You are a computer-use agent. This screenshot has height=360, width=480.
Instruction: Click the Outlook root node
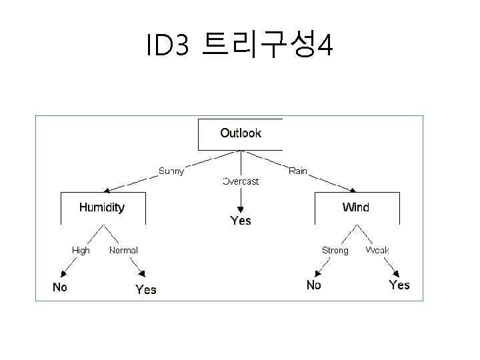241,133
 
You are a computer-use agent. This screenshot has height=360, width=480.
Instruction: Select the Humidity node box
102,207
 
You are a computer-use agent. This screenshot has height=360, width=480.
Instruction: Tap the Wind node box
356,207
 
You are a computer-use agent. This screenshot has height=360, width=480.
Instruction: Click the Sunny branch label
171,171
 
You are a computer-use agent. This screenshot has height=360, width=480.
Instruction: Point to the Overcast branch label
241,181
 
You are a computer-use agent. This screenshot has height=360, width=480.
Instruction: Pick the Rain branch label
298,171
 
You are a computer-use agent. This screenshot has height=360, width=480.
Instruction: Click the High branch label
81,250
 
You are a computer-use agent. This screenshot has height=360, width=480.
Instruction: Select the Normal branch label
123,250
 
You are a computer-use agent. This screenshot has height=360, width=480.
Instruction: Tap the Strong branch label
335,250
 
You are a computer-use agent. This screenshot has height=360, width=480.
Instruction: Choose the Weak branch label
377,250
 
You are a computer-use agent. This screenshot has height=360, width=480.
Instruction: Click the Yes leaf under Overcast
241,220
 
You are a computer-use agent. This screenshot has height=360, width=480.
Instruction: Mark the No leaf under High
60,287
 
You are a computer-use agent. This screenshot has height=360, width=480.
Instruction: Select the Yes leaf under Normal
146,289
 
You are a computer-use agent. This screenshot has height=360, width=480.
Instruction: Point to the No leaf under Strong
313,285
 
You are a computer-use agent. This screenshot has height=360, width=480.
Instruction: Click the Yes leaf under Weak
399,285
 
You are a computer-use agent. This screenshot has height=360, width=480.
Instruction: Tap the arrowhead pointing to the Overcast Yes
241,207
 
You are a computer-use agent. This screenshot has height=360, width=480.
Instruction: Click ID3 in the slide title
169,45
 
